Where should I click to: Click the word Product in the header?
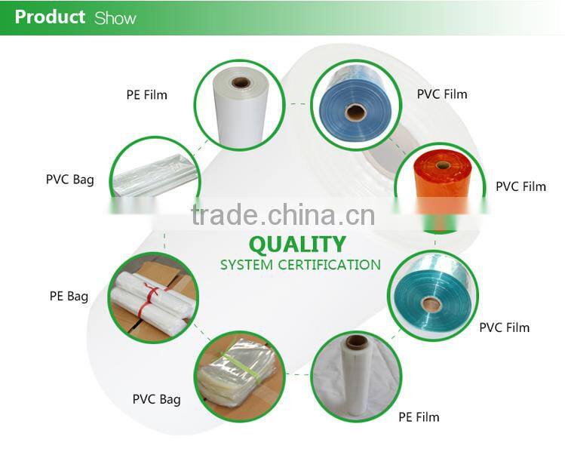coord(50,17)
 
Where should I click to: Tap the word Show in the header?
coord(115,18)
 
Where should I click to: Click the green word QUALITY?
coord(296,244)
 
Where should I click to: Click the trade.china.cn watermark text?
coord(283,214)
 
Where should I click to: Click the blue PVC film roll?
coord(354,106)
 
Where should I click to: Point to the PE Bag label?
coord(69,297)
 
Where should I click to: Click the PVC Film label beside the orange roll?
coord(520,186)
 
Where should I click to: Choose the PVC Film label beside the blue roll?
coord(442,94)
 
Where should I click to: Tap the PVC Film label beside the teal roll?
coord(504,328)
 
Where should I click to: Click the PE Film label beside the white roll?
coord(146,95)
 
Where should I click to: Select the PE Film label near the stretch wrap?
coord(419,417)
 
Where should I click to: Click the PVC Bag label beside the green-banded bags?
coord(156,399)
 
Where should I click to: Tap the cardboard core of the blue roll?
coord(355,112)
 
